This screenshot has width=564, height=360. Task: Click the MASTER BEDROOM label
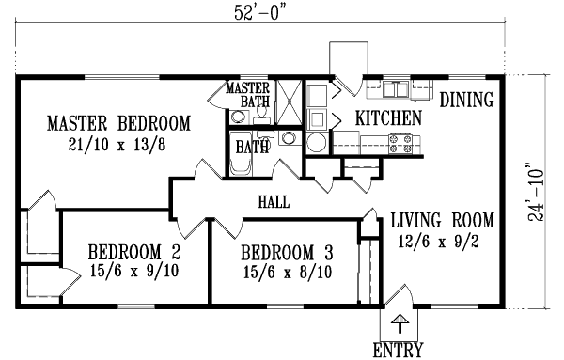click(118, 123)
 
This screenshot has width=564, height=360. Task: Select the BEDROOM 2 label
click(134, 252)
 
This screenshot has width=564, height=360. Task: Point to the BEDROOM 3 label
click(287, 252)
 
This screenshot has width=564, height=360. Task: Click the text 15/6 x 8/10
click(287, 271)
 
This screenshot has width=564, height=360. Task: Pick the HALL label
click(273, 201)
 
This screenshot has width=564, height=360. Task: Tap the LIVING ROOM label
click(442, 221)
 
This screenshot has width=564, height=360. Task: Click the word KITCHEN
click(387, 118)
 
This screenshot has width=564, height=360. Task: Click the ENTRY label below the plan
click(398, 352)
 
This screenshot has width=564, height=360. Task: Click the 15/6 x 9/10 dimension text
click(134, 271)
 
